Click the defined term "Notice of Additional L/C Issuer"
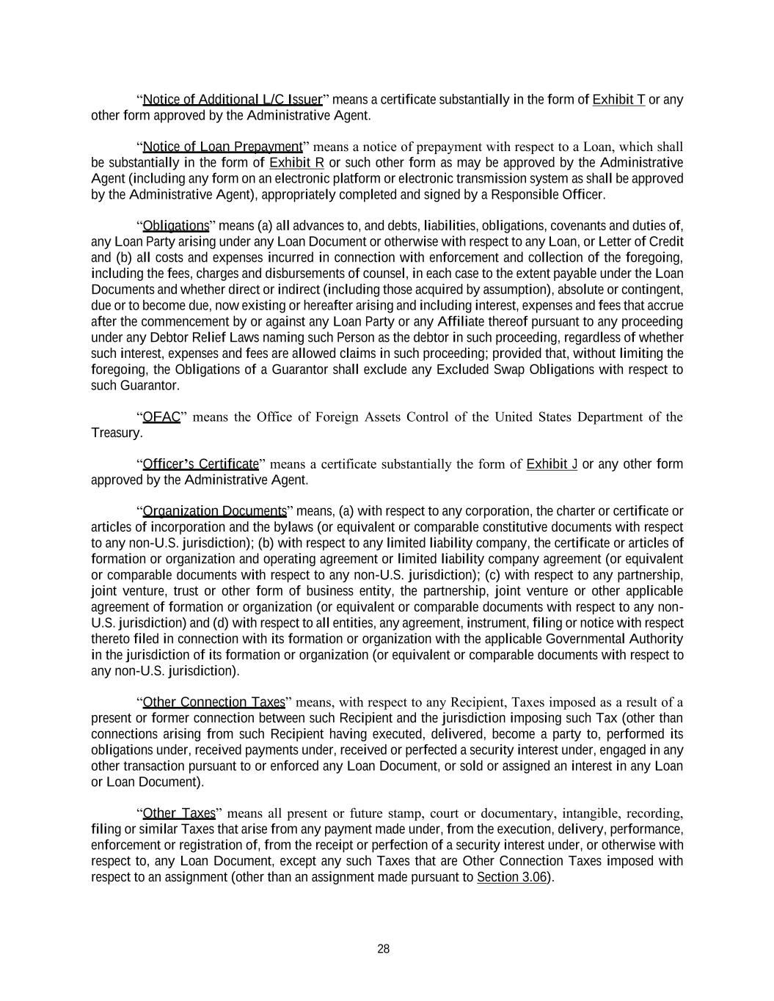click(233, 100)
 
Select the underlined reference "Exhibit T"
click(618, 100)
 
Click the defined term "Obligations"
click(176, 226)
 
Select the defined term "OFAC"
click(161, 417)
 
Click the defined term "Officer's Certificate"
click(200, 464)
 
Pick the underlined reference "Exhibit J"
click(552, 464)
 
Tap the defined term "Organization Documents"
click(214, 511)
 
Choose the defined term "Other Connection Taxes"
click(213, 703)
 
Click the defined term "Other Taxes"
click(179, 813)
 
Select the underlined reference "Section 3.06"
click(511, 877)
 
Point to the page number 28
click(384, 949)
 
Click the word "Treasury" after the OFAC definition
click(115, 433)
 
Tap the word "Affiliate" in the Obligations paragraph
click(461, 322)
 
